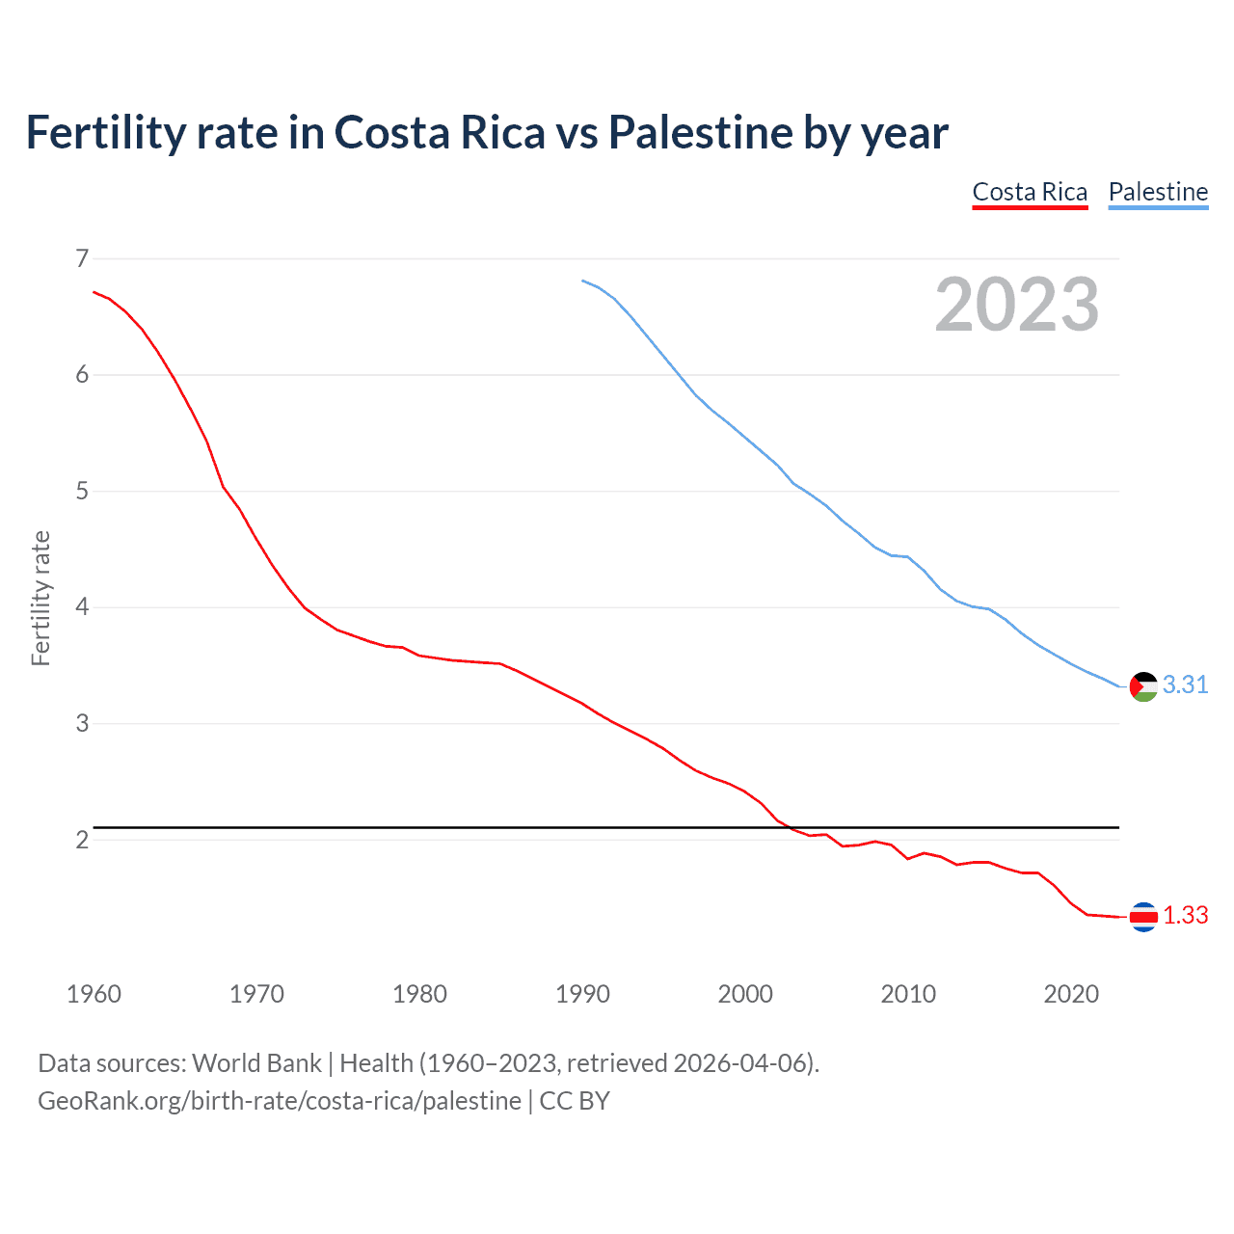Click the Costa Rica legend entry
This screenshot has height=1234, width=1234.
tap(1030, 192)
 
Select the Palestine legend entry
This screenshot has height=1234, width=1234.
tap(1158, 192)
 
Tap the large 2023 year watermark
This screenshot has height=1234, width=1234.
tap(1016, 305)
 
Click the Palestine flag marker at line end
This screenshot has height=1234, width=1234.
tap(1143, 686)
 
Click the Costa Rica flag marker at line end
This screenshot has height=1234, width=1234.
tap(1143, 917)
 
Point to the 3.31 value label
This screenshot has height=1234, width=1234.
tap(1185, 684)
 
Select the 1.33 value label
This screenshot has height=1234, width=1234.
tap(1185, 915)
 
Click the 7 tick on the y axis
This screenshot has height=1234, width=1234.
tap(82, 258)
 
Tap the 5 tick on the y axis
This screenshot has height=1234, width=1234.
tap(82, 492)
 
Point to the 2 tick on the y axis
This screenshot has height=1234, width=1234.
tap(82, 840)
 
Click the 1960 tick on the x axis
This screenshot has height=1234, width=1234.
tap(94, 994)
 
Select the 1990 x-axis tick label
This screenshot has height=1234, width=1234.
tap(582, 994)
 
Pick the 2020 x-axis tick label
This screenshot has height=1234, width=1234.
tap(1071, 994)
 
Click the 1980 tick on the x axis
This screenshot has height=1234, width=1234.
tap(419, 994)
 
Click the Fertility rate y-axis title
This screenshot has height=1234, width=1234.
tap(40, 598)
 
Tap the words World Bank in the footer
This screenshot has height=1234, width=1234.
tap(256, 1063)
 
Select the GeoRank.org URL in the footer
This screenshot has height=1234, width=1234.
tap(279, 1101)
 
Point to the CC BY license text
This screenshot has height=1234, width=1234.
tap(575, 1101)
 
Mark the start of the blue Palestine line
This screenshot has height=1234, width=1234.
tap(583, 281)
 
